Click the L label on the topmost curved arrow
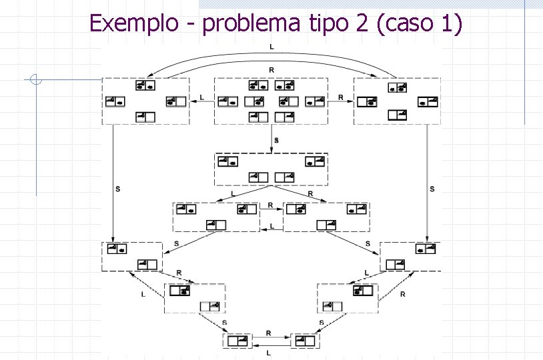pos(271,47)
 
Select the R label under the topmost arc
pos(271,69)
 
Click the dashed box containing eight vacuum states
pos(271,101)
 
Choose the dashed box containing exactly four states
pos(271,169)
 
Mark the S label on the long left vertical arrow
pos(118,189)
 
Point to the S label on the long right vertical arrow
pos(432,189)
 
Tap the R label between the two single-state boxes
pos(268,332)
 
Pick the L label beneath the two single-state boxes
pos(268,352)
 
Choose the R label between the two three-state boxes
pos(270,205)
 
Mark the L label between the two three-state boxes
pos(271,227)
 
